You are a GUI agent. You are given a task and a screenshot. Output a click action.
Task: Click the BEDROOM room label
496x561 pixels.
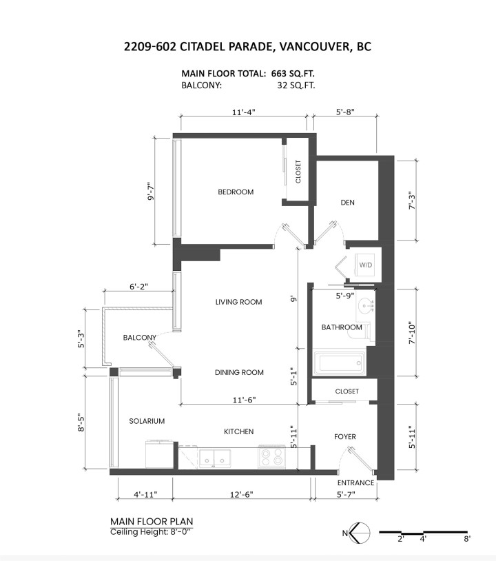click(236, 192)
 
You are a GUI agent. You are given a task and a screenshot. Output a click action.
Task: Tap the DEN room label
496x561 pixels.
click(348, 203)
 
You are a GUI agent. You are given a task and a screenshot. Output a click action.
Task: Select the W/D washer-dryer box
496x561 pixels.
click(366, 265)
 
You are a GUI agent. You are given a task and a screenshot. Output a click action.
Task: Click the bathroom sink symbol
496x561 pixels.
click(366, 306)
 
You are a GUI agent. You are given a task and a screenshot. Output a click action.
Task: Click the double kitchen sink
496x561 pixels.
click(214, 458)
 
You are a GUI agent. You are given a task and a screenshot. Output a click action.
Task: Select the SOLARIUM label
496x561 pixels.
click(147, 421)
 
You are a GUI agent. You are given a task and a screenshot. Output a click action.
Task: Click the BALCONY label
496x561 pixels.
click(139, 338)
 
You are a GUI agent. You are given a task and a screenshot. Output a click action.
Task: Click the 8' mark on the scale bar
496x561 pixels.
click(466, 539)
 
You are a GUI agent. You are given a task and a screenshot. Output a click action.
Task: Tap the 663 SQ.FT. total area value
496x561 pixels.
click(293, 74)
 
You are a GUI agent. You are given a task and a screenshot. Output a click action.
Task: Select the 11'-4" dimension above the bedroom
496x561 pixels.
click(244, 112)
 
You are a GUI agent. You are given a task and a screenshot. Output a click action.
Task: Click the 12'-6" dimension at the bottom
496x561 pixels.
click(241, 494)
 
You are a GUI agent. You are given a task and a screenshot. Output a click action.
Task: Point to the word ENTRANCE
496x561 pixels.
click(355, 482)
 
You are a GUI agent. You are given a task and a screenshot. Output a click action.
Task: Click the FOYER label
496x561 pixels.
click(344, 436)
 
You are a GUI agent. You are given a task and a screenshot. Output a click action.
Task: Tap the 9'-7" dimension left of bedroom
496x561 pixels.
click(151, 192)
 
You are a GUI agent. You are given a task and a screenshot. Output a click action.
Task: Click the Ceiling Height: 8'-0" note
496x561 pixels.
click(151, 531)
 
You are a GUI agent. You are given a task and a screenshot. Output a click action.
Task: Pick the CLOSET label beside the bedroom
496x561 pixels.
click(298, 172)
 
